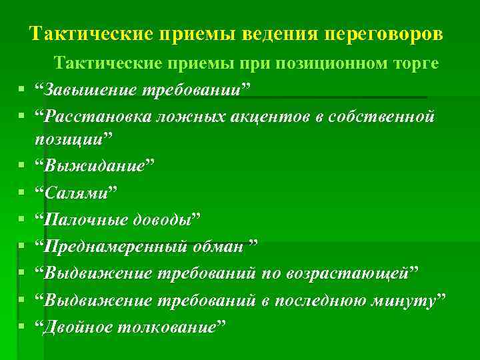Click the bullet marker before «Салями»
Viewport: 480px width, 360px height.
click(x=22, y=193)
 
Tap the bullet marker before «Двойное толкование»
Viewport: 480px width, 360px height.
click(x=22, y=326)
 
